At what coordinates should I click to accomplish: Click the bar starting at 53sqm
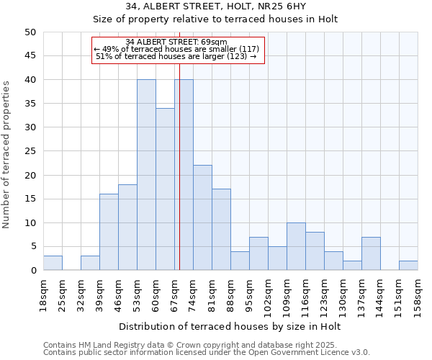point(146,175)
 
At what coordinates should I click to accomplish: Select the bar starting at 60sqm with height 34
point(165,189)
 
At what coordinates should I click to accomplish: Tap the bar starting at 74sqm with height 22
point(202,217)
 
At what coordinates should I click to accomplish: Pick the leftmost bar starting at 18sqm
point(53,264)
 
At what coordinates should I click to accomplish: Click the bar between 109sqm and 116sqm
point(296,246)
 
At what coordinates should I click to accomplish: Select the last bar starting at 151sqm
point(408,266)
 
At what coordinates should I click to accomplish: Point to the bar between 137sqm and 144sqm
point(371,253)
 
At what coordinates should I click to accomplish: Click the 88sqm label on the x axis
point(230,294)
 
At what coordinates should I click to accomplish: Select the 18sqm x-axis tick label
point(43,294)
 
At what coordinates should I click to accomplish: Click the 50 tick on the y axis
point(30,32)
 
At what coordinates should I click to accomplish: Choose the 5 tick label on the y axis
point(32,247)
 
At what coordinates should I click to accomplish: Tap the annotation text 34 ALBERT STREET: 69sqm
point(176,42)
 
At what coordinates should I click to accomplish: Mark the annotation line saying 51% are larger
point(176,56)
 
